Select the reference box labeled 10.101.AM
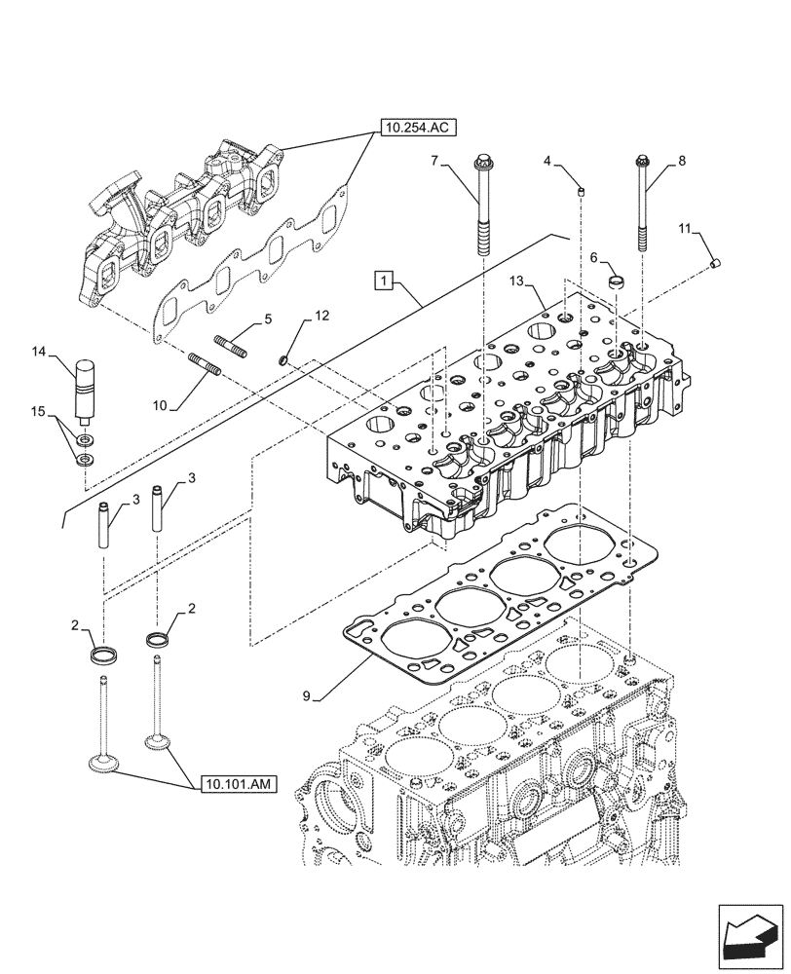click(238, 782)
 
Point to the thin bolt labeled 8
click(643, 209)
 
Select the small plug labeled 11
click(716, 261)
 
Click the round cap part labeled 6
click(616, 282)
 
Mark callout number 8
click(680, 161)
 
